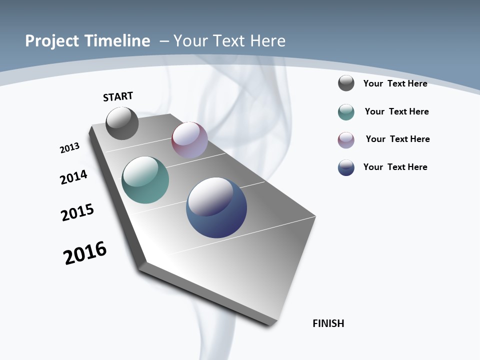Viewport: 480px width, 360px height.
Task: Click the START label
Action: [118, 96]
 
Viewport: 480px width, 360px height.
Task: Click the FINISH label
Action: [328, 323]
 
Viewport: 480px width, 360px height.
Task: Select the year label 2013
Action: [69, 147]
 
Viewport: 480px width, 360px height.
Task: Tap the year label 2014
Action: [73, 177]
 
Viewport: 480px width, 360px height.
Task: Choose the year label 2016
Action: [85, 253]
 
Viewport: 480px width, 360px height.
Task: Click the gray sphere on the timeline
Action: [122, 123]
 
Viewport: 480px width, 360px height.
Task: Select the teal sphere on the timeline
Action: [145, 180]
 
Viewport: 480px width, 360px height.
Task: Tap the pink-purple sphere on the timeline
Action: [189, 140]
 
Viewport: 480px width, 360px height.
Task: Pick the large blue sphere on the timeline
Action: [216, 207]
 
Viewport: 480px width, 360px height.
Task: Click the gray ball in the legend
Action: [346, 83]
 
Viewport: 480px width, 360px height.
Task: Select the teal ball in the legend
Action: [346, 112]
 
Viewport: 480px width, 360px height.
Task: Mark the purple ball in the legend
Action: [346, 140]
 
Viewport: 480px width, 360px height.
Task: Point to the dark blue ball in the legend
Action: [346, 167]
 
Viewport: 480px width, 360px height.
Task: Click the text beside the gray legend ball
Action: [395, 83]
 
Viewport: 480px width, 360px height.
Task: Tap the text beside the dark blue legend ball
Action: [395, 167]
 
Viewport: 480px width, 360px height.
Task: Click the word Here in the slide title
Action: [267, 41]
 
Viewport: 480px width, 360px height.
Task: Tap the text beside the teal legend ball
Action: [396, 111]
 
